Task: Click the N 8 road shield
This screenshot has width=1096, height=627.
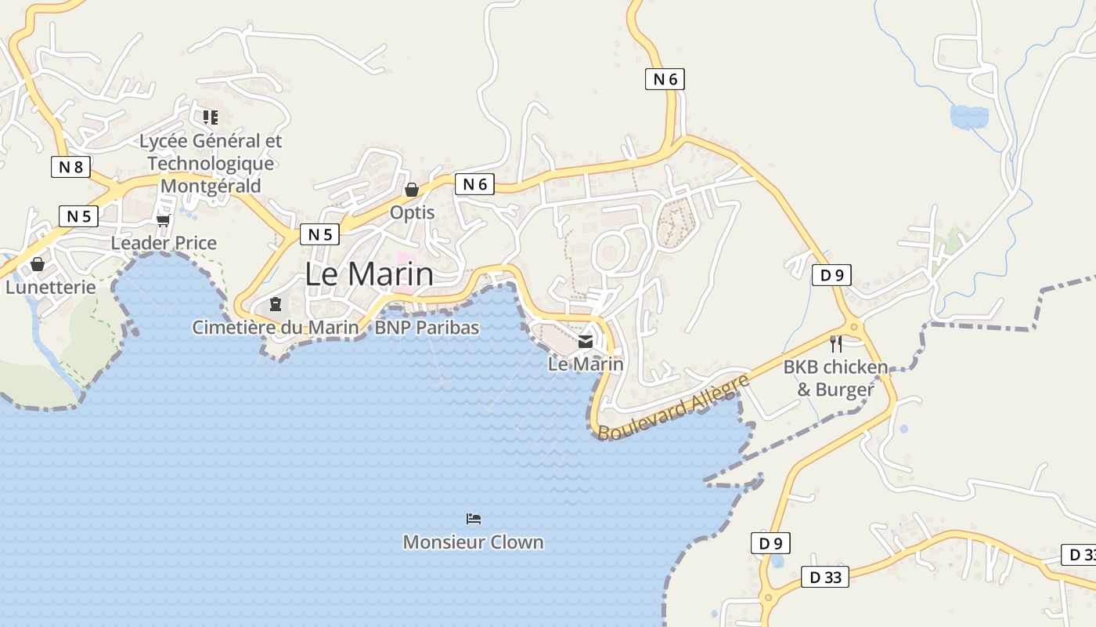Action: pos(70,167)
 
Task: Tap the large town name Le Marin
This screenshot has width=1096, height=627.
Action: pos(368,274)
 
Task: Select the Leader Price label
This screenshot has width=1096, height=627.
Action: pos(164,243)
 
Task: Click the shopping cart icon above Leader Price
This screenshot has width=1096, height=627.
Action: pos(163,220)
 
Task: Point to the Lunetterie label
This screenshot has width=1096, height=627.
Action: pos(51,287)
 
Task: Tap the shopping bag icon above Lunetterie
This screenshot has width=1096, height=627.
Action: pos(37,264)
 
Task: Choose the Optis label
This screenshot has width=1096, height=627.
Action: pos(412,212)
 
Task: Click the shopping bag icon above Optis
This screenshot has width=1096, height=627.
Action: pos(411,190)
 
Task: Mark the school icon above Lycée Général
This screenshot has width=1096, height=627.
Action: pos(210,118)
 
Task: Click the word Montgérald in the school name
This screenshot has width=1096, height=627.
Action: pos(211,186)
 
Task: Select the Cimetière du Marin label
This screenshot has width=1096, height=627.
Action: pos(276,328)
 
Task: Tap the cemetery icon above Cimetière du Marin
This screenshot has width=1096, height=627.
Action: pos(275,303)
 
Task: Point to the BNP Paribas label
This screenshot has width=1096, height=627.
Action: pos(427,328)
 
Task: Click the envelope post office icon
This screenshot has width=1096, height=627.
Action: pos(586,341)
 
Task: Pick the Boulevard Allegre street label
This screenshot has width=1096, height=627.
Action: pos(673,407)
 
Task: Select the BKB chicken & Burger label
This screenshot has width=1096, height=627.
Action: pos(835,378)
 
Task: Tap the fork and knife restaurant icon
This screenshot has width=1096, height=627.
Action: pos(836,343)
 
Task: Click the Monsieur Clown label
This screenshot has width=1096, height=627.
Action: pos(473,542)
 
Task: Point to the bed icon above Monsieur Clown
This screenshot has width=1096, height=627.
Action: pos(473,519)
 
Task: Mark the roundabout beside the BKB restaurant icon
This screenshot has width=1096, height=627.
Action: pos(853,327)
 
